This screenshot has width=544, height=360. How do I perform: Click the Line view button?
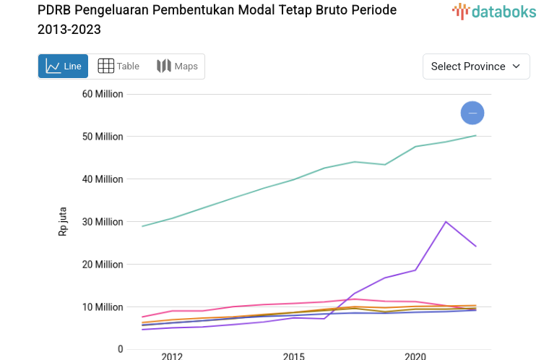click(x=64, y=67)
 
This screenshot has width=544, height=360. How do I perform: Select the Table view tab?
click(x=118, y=67)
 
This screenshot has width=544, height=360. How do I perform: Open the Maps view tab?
click(x=177, y=67)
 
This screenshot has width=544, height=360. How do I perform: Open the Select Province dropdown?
click(x=476, y=67)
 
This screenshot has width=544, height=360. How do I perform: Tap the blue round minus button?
click(x=472, y=113)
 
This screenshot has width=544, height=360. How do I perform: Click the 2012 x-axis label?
click(x=172, y=356)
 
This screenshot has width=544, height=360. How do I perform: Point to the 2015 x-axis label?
click(x=293, y=356)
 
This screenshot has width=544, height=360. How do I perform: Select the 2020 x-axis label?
click(x=415, y=356)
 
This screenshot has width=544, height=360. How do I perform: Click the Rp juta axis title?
click(x=63, y=222)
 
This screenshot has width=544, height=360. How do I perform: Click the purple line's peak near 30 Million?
click(x=446, y=222)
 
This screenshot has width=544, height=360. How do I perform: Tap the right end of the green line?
click(x=475, y=135)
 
